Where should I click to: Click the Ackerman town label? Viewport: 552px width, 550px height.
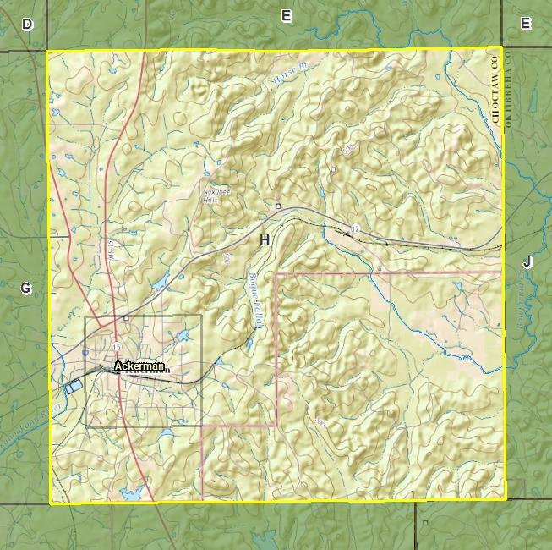pos(139,367)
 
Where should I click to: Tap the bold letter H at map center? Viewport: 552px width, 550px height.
pos(265,240)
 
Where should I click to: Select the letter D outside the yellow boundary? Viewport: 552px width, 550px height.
pos(27,25)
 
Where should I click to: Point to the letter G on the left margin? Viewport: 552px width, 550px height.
pos(26,289)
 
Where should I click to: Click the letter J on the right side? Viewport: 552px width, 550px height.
pos(527,262)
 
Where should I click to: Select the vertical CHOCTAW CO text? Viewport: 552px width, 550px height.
pos(495,88)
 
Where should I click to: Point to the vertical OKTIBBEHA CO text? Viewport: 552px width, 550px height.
pos(510,88)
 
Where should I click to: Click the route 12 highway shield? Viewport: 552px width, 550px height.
pos(355,228)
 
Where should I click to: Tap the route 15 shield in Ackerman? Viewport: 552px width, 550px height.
pos(116,349)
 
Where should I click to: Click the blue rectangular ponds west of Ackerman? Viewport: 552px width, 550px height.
pos(74,386)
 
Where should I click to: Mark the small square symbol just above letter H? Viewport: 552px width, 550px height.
pos(277,206)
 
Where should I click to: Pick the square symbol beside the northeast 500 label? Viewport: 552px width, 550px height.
pos(334,170)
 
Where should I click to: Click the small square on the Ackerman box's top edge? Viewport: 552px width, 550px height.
pos(126,317)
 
